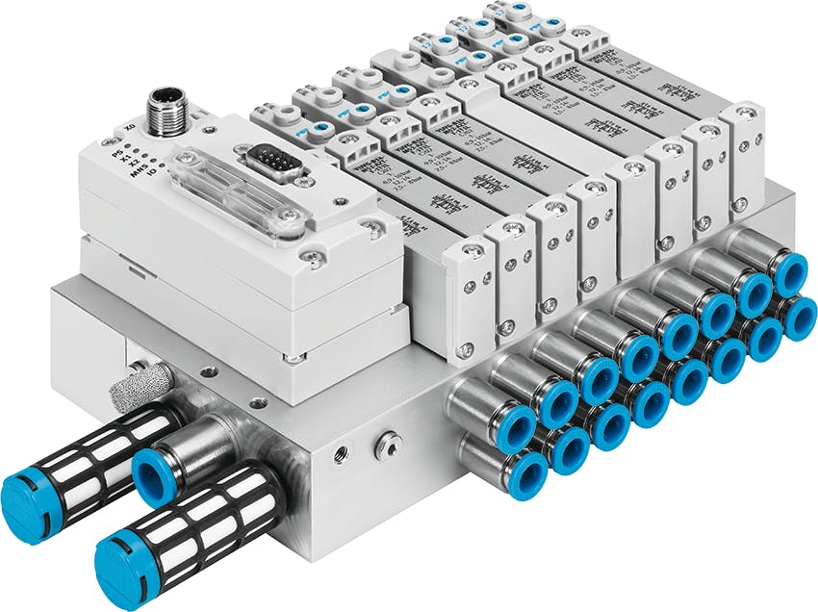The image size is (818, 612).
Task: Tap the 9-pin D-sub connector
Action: pyautogui.click(x=273, y=164)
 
